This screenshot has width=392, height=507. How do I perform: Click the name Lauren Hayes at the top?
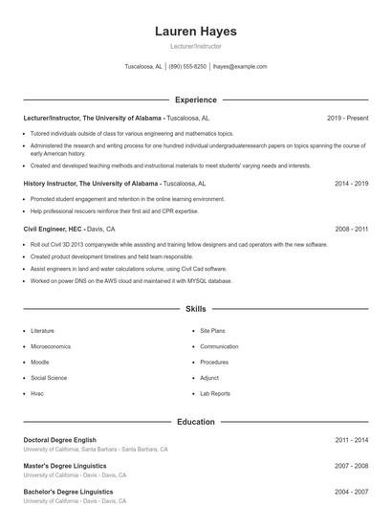[x=195, y=32]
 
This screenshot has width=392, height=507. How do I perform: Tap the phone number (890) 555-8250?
[x=187, y=67]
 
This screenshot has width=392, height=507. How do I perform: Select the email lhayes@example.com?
[x=240, y=67]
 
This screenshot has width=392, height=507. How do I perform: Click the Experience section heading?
[x=195, y=99]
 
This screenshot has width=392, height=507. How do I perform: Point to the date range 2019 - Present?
[x=347, y=118]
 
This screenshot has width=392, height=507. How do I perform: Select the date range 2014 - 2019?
[x=351, y=183]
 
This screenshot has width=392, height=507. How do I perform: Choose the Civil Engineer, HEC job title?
[x=53, y=230]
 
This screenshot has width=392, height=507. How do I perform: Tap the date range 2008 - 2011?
[x=351, y=230]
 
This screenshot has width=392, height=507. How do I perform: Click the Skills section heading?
[x=195, y=310]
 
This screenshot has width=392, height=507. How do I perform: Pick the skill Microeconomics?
[x=51, y=346]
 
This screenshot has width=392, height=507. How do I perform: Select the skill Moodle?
[x=39, y=362]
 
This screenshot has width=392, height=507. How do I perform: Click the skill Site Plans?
[x=212, y=330]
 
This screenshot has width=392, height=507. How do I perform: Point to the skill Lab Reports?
[x=214, y=393]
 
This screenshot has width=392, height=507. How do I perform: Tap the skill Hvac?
[x=37, y=393]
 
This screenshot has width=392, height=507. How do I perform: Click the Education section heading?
[x=195, y=422]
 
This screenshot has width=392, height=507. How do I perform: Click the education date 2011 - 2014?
[x=351, y=440]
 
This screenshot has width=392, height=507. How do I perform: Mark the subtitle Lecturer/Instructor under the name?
[x=195, y=46]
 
